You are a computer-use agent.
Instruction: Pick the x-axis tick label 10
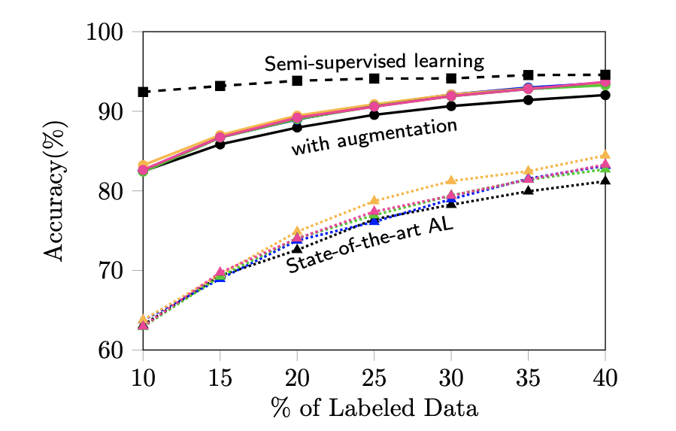tap(143, 375)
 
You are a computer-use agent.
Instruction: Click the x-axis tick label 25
tap(374, 375)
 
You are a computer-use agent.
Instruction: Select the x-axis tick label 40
tap(605, 375)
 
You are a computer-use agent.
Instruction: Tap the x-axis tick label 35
tap(528, 375)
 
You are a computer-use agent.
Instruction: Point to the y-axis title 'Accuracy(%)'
tap(56, 191)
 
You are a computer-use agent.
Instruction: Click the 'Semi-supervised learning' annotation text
tap(373, 61)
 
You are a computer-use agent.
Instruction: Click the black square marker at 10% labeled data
tap(143, 92)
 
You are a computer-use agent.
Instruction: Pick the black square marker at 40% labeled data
tap(605, 74)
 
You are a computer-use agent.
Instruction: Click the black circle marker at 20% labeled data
tap(297, 127)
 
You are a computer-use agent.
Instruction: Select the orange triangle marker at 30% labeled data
tap(451, 181)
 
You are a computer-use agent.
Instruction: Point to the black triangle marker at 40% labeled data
tap(605, 181)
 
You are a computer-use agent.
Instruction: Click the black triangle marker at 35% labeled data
tap(528, 190)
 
